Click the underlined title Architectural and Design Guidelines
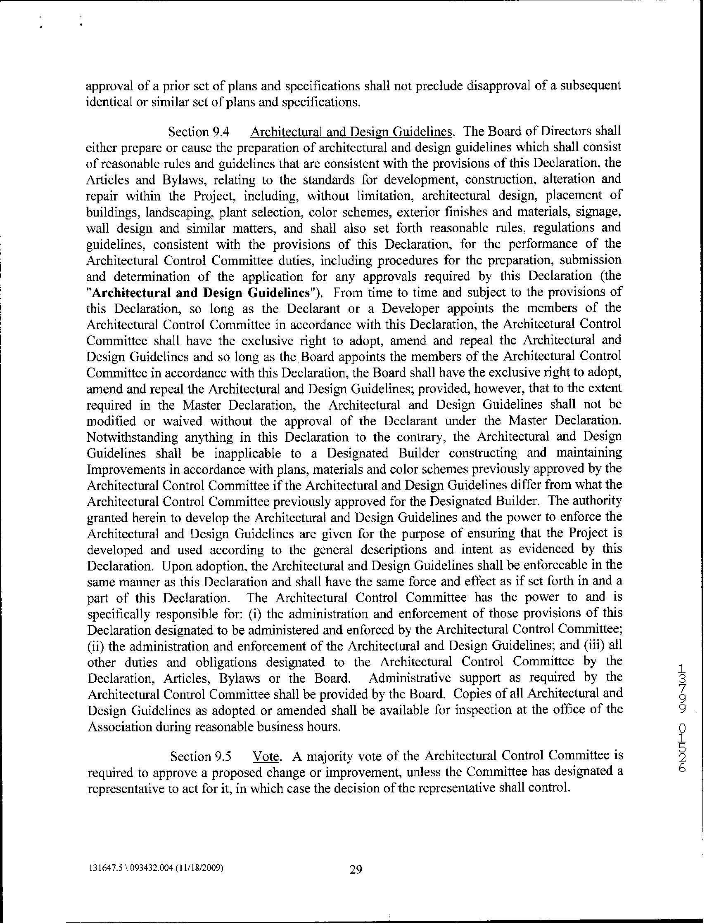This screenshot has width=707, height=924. [352, 132]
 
